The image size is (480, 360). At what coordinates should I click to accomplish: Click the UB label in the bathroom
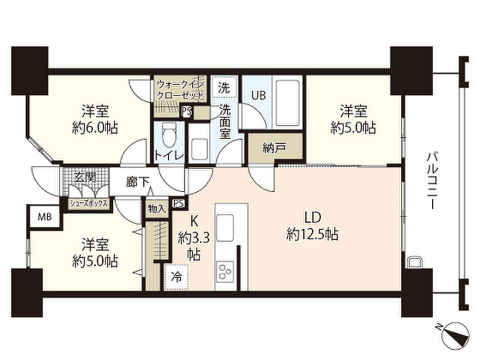258,95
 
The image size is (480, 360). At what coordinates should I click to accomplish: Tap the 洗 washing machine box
224,87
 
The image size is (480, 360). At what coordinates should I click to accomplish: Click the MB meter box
45,217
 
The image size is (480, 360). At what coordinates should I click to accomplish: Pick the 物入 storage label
157,208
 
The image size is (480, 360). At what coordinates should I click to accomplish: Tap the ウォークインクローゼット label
180,90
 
